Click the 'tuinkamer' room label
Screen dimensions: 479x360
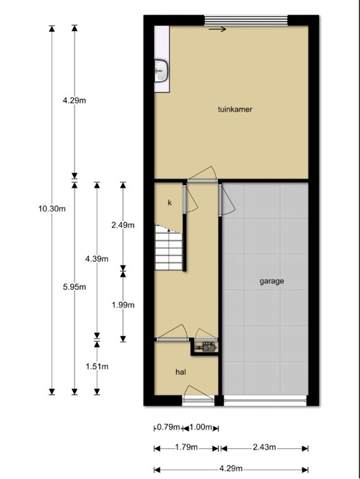click(235, 109)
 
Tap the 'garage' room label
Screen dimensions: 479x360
click(271, 281)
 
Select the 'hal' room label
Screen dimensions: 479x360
click(181, 372)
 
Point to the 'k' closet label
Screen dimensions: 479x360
click(169, 203)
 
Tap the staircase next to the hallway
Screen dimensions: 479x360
click(169, 248)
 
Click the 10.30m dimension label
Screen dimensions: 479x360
click(52, 209)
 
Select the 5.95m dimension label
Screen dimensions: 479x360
click(74, 287)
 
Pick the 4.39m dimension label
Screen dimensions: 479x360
click(97, 259)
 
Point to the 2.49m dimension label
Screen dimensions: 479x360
click(122, 225)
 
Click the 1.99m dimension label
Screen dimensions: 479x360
click(122, 305)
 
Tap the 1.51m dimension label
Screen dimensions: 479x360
click(97, 366)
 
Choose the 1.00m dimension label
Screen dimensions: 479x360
click(200, 428)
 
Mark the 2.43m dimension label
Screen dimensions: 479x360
click(264, 448)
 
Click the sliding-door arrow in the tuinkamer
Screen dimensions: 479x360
click(218, 29)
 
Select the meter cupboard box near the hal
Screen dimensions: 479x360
click(205, 346)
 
